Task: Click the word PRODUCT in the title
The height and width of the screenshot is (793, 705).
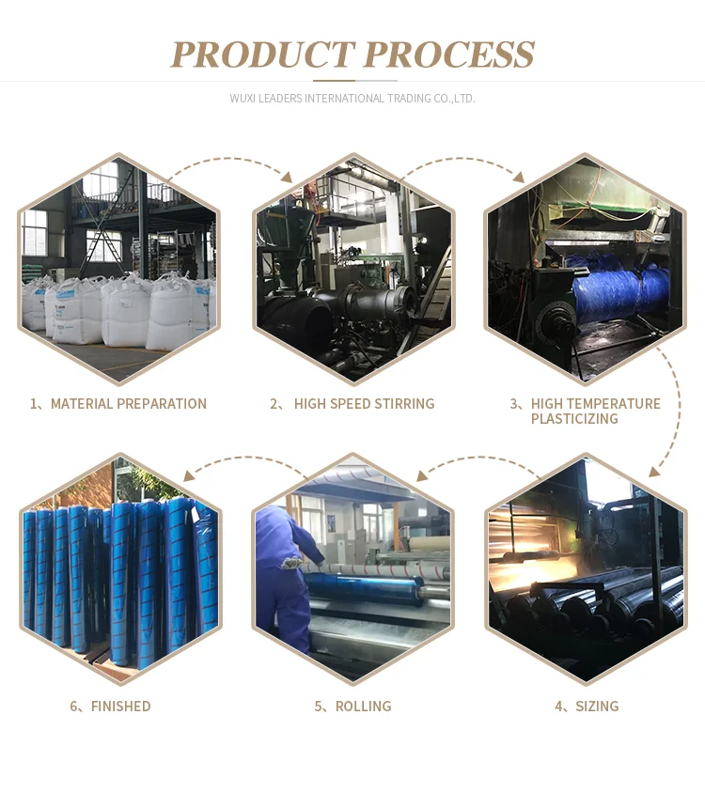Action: tap(260, 54)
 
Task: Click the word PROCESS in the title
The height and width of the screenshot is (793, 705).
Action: tap(448, 54)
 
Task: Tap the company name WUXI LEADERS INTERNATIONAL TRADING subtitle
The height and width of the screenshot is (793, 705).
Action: tap(352, 98)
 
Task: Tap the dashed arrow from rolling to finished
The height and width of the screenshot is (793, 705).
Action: tap(244, 461)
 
